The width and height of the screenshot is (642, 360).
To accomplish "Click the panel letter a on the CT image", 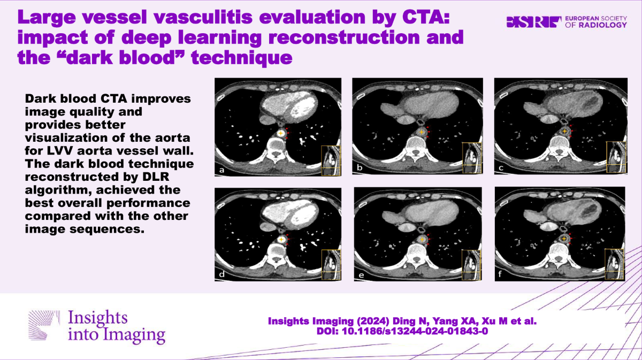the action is click(x=221, y=170).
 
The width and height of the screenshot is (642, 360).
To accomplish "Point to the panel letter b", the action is click(x=360, y=167).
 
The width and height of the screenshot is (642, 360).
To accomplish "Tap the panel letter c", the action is click(x=501, y=168).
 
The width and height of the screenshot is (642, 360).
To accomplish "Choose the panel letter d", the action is click(x=222, y=274).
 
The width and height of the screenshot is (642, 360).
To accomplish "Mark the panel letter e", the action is click(x=361, y=275).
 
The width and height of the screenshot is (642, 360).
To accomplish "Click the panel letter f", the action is click(x=500, y=274).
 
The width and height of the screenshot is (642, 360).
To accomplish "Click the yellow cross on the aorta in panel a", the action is click(x=281, y=133).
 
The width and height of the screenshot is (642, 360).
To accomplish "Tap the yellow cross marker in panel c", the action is click(x=564, y=131).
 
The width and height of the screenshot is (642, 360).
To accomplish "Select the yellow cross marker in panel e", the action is click(x=422, y=239).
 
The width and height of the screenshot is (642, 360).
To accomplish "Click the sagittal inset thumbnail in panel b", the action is click(x=472, y=158).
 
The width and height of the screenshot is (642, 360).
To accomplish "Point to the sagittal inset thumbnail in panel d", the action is click(x=331, y=265).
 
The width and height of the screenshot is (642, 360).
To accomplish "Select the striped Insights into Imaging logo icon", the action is click(x=44, y=325).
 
